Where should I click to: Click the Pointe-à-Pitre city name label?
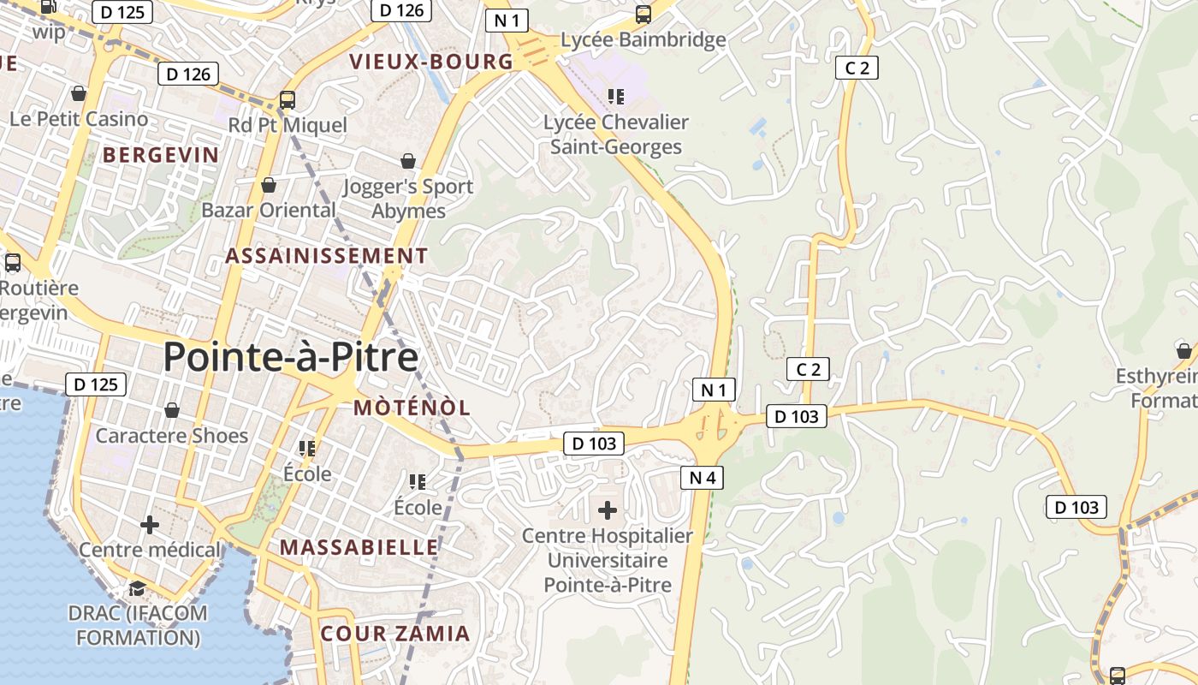click(x=290, y=357)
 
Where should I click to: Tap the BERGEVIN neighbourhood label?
click(x=161, y=155)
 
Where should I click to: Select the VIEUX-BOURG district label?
click(x=432, y=62)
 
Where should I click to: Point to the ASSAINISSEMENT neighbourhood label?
click(x=326, y=256)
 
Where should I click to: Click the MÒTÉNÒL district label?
click(x=412, y=408)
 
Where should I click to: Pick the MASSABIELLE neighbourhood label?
click(x=359, y=547)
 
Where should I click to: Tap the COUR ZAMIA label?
click(x=395, y=634)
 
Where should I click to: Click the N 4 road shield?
click(x=702, y=478)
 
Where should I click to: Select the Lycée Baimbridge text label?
click(x=643, y=39)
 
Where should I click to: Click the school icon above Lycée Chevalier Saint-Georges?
click(x=616, y=96)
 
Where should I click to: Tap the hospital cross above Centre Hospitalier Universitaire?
click(x=608, y=511)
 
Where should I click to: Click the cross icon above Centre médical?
click(x=150, y=524)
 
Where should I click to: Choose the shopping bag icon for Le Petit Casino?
click(x=79, y=93)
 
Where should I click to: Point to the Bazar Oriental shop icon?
click(x=269, y=185)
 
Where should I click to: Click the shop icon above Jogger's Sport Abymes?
click(x=408, y=161)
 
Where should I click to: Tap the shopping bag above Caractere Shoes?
click(x=172, y=411)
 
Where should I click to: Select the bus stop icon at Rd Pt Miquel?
click(x=288, y=100)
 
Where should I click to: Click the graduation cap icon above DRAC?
click(x=137, y=588)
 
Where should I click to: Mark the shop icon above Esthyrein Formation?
click(x=1183, y=351)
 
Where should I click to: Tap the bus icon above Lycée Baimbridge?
click(x=643, y=15)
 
